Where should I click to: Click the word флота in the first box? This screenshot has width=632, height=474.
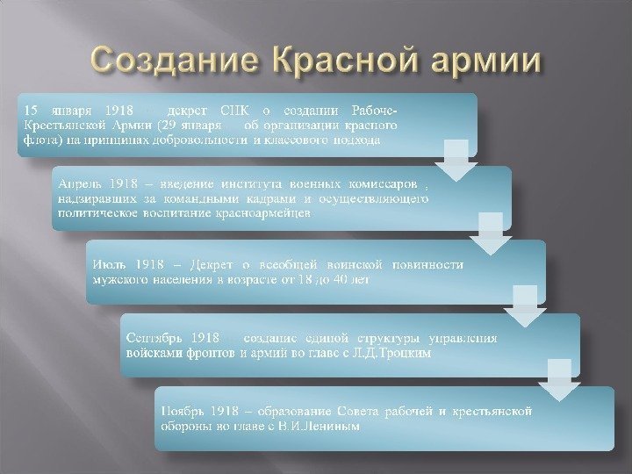[38, 140]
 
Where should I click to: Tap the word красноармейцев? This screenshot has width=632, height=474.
[262, 214]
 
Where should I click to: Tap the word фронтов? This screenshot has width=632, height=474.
[205, 353]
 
